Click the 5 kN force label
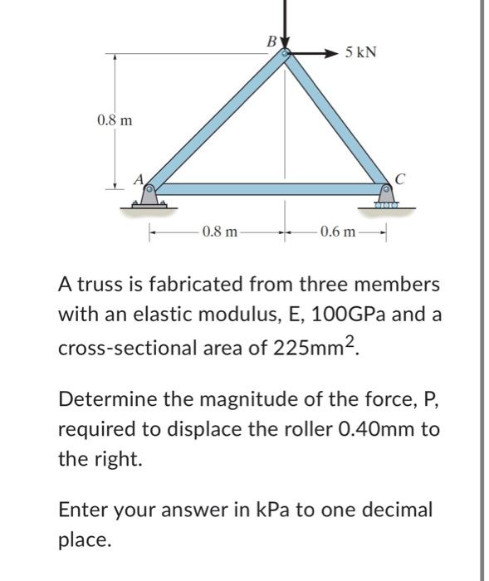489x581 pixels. click(x=360, y=52)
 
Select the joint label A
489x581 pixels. click(x=139, y=178)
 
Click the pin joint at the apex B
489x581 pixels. click(x=285, y=54)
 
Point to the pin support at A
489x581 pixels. click(x=149, y=196)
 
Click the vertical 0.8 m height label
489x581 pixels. click(x=114, y=120)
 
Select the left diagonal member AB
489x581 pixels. click(x=218, y=121)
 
